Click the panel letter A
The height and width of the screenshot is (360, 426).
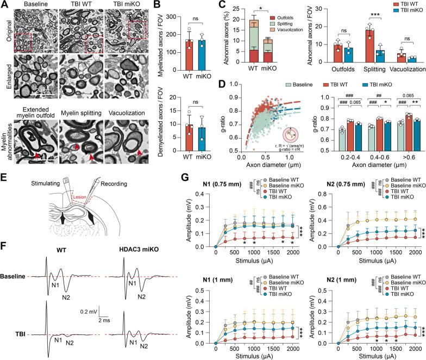(4, 4)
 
